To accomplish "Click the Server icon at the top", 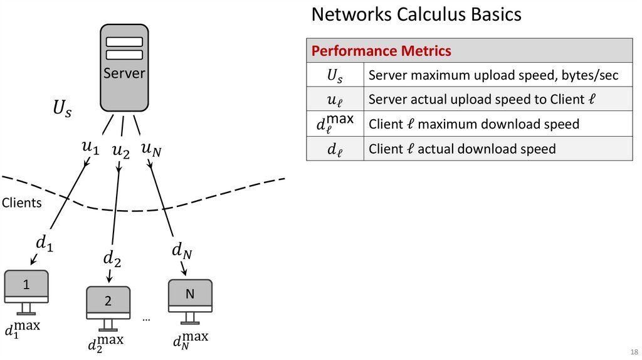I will pos(124,66).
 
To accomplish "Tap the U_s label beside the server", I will pos(62,110).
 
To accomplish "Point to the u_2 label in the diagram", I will pos(120,151).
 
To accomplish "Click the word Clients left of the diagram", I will pos(22,203).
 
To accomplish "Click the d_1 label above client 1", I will pos(44,243).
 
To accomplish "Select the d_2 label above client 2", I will pos(112,257).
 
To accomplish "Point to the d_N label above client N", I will pos(182,251).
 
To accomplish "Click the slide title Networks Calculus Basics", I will pos(416,14).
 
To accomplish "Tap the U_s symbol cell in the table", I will pos(335,76).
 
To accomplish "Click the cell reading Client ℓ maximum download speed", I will pos(473,124).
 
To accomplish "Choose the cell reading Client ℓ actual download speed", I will pos(462,149).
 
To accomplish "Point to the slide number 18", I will pos(633,351).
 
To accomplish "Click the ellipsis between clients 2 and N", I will pos(147,320).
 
